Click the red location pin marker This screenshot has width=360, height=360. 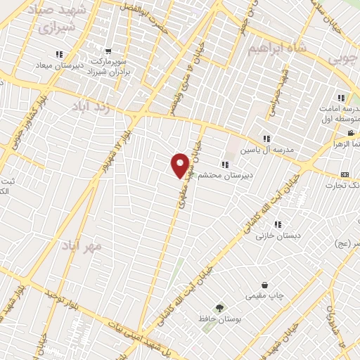pyautogui.click(x=181, y=165)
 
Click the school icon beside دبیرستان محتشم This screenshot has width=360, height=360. pyautogui.click(x=224, y=165)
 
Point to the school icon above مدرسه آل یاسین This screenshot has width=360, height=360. pyautogui.click(x=266, y=139)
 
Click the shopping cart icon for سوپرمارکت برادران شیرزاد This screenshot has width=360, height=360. pyautogui.click(x=108, y=51)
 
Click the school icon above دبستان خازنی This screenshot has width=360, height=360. pyautogui.click(x=278, y=224)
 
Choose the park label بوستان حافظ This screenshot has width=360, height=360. pyautogui.click(x=218, y=320)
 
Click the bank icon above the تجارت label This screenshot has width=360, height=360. pyautogui.click(x=344, y=174)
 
